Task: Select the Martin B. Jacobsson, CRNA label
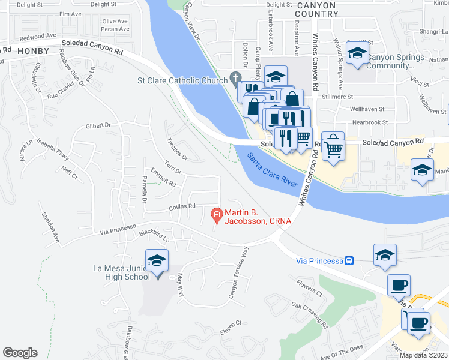click(x=258, y=217)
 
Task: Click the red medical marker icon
click(x=216, y=214)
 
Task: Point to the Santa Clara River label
click(x=273, y=169)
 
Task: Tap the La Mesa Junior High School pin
click(x=157, y=262)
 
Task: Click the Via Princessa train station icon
click(x=348, y=260)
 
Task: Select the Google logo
click(x=20, y=353)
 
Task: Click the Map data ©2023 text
click(x=423, y=355)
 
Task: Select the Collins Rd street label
click(x=182, y=206)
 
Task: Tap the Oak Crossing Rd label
click(x=310, y=314)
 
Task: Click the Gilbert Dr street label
click(x=99, y=126)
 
